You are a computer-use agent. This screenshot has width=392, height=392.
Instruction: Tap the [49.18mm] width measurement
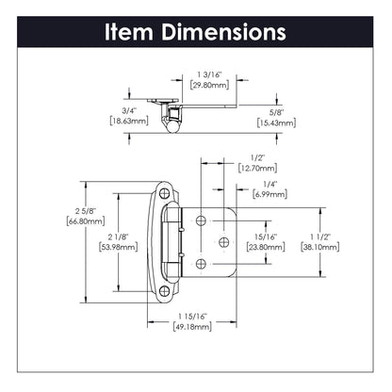pyautogui.click(x=192, y=330)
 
